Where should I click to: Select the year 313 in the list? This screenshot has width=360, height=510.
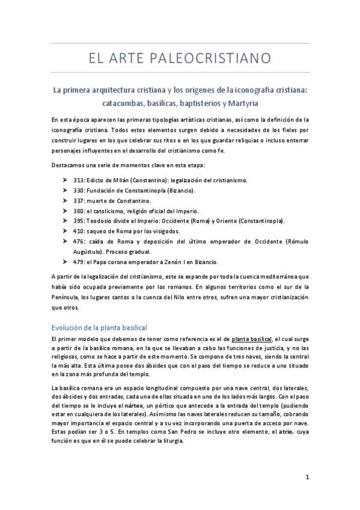coord(79,164)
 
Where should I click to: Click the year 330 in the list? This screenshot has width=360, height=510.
coord(79,173)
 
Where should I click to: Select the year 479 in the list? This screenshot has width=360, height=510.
coord(79,245)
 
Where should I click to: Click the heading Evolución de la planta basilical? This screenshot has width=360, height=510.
coord(99,327)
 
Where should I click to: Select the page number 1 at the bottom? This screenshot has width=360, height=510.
coord(307,478)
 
